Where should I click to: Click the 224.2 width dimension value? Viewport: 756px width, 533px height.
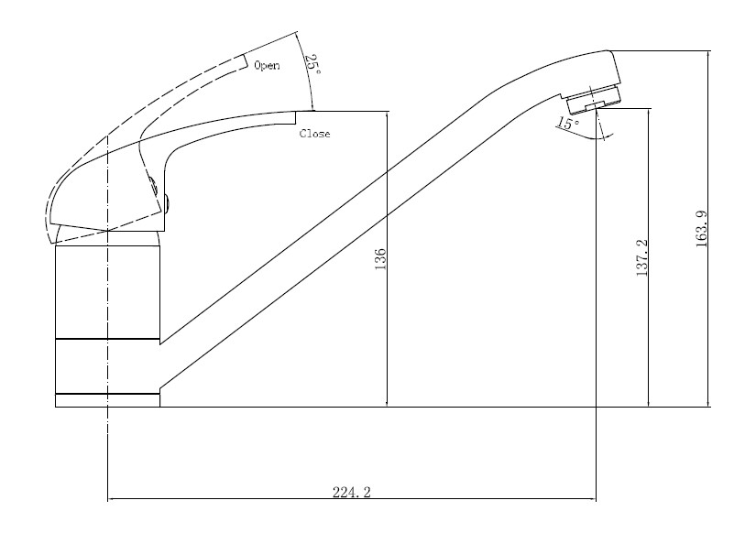pos(352,493)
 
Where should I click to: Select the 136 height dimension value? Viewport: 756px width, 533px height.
pos(380,259)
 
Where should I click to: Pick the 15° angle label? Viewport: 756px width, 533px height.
pos(568,124)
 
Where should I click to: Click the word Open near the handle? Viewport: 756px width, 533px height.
pos(267,66)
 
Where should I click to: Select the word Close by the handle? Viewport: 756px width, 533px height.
pos(315,135)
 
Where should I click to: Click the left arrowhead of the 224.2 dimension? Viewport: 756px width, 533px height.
pos(113,499)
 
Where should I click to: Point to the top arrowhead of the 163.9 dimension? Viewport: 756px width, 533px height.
pos(709,55)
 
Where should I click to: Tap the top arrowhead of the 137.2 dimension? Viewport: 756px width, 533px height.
pos(649,112)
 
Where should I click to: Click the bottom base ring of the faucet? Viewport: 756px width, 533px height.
pos(108,400)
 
